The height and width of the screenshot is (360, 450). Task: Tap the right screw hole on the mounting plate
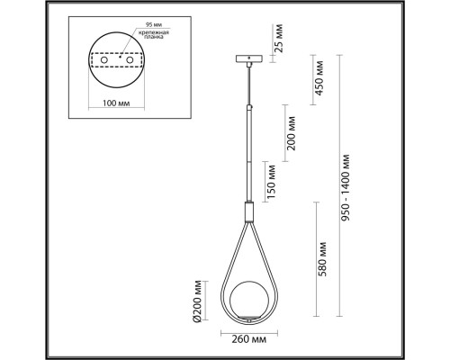pyautogui.click(x=131, y=69)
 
